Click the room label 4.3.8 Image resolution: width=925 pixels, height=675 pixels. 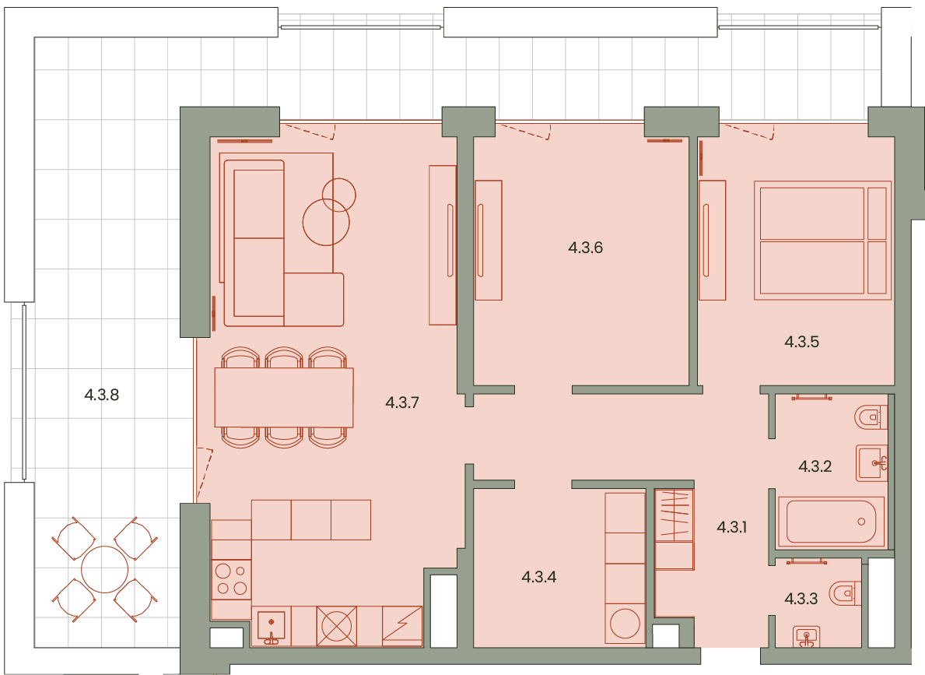101,395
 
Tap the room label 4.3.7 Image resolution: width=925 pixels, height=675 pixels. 401,403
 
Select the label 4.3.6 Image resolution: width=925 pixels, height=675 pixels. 585,248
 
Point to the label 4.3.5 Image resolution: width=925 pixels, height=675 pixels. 801,341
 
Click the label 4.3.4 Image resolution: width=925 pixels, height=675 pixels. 538,576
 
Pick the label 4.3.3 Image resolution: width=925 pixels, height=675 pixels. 801,599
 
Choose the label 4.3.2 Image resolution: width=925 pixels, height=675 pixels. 815,466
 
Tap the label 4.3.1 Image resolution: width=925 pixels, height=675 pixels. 731,527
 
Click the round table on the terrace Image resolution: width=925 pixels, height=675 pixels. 104,570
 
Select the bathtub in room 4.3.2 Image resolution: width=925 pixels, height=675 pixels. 831,522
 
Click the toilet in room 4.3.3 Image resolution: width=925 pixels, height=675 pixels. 844,593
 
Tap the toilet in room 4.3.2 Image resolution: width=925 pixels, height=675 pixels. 871,417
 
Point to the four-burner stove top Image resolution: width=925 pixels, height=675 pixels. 231,579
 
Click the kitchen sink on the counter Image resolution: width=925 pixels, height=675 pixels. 272,626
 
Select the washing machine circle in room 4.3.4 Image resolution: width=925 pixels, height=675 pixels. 625,624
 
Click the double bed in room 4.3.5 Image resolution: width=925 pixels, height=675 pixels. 822,241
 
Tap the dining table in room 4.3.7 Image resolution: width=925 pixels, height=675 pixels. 284,397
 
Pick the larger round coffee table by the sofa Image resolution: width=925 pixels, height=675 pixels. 326,222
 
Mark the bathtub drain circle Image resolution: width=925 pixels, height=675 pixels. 861,522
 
